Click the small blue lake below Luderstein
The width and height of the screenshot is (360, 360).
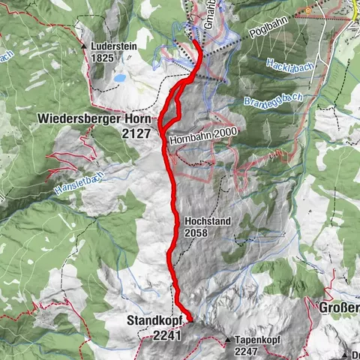[x=119, y=77]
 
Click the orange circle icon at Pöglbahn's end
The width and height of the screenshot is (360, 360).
[x=307, y=11]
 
